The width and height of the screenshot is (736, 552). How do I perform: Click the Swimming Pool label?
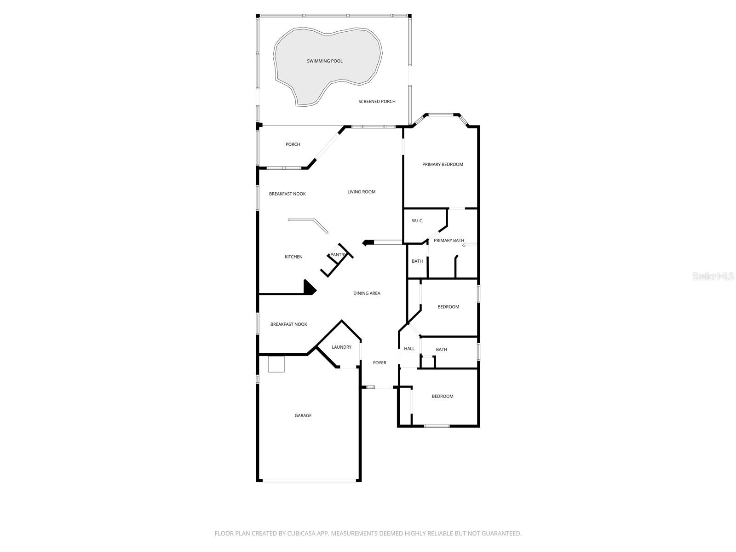tap(325, 61)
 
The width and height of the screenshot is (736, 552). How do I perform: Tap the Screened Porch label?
tap(377, 102)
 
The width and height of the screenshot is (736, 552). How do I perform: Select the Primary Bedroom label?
tap(443, 165)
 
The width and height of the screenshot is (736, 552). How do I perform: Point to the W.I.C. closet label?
tap(417, 221)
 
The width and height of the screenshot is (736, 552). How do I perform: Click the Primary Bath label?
tap(449, 241)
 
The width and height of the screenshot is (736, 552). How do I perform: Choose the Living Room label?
tap(361, 192)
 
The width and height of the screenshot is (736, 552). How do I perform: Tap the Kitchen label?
tap(293, 257)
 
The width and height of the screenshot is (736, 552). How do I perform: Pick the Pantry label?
tap(338, 255)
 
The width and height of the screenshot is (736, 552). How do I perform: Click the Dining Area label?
tap(367, 293)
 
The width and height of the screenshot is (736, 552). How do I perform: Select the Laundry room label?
tap(341, 347)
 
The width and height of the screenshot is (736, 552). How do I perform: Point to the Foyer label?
tap(379, 363)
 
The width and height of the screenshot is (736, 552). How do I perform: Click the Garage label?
tap(303, 416)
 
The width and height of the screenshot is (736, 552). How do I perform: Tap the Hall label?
tap(409, 349)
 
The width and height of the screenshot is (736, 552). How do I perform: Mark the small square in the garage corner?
tap(276, 364)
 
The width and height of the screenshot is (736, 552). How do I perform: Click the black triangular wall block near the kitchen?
tap(309, 287)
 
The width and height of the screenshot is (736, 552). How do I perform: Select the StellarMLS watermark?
tap(713, 276)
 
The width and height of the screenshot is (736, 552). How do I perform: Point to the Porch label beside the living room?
tap(293, 144)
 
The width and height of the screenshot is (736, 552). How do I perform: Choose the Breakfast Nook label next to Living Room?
tap(287, 194)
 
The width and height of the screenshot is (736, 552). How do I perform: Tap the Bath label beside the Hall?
tap(441, 350)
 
